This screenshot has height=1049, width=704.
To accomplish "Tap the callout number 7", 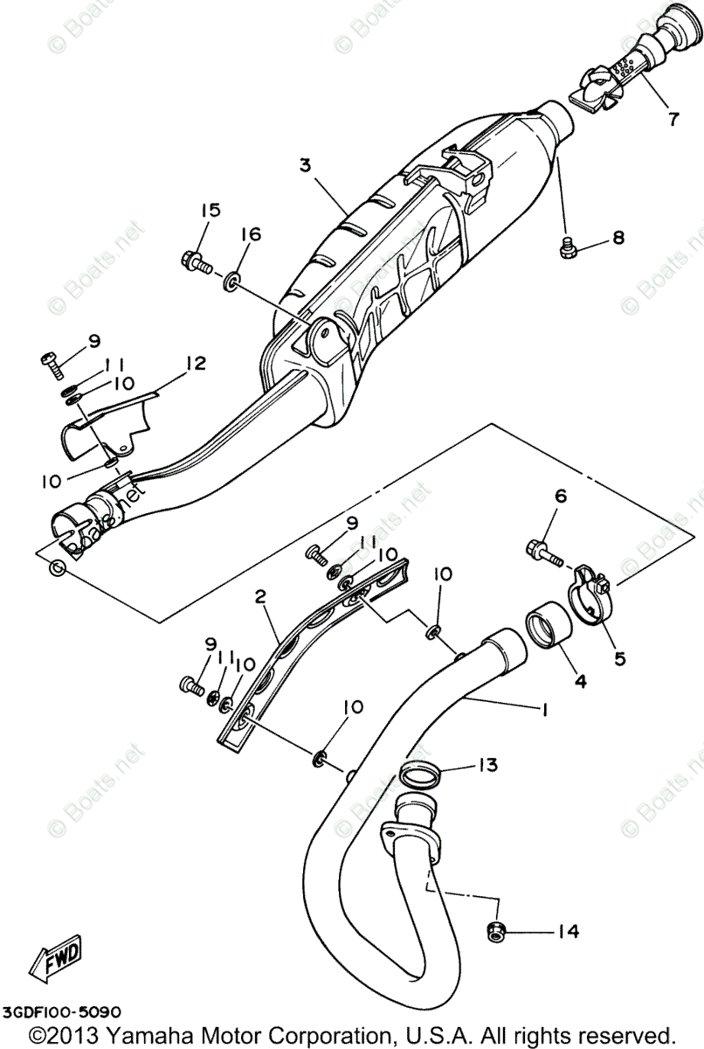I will click(673, 120).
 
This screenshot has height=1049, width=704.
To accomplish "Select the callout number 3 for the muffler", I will click(304, 165).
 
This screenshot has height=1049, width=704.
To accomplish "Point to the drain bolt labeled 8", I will click(568, 247).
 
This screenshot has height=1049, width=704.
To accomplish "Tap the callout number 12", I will click(195, 363).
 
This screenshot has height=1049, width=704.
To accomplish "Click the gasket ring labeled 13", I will click(421, 774).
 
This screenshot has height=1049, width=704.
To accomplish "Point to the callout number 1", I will click(543, 710).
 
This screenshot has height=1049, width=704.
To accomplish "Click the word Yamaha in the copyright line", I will click(161, 1033).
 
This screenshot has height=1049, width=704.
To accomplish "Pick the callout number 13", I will click(487, 766).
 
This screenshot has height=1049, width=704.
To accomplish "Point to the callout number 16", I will click(250, 233).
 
